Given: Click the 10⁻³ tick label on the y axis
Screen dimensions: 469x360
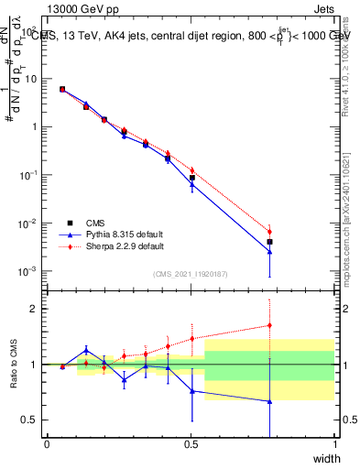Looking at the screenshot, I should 31,272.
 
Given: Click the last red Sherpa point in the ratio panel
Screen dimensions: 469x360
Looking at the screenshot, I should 269,324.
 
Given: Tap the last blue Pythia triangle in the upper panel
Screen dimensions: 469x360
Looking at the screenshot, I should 269,251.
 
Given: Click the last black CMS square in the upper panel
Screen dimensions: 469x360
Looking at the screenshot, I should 269,242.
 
